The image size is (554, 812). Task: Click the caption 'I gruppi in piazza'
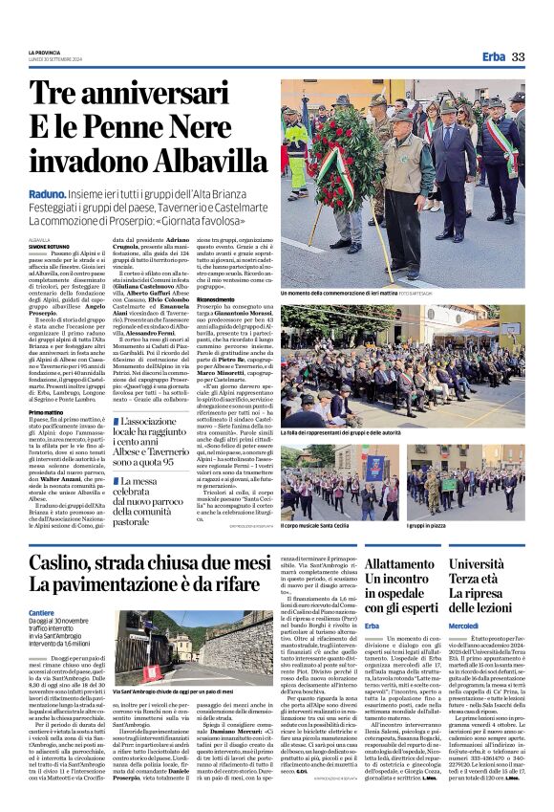coord(431,526)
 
